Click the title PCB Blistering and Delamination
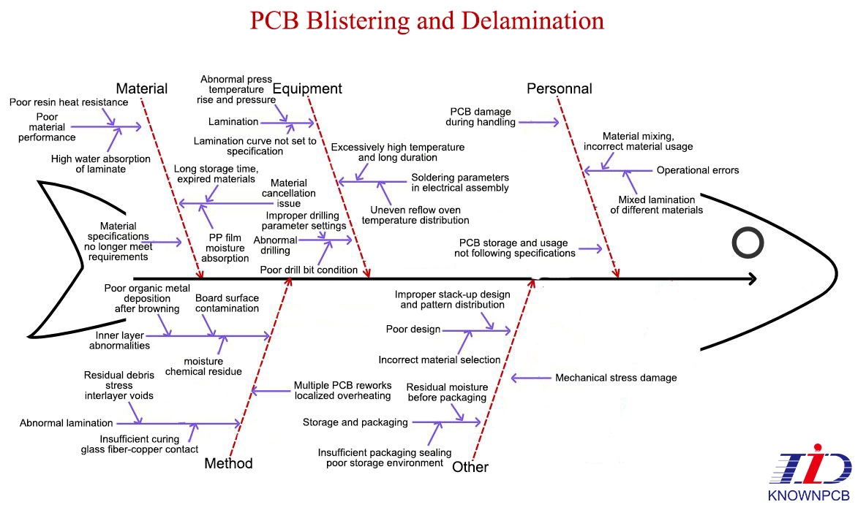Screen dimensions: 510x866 click(x=427, y=20)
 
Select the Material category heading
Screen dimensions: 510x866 click(x=142, y=88)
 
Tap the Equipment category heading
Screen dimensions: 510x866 click(x=307, y=88)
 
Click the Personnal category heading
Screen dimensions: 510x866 click(x=560, y=89)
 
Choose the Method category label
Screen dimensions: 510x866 click(x=228, y=463)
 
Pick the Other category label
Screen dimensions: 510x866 click(x=470, y=467)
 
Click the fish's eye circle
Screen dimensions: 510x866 click(x=748, y=243)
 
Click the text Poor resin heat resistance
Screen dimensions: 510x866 click(x=69, y=102)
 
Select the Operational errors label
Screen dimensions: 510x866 click(x=698, y=170)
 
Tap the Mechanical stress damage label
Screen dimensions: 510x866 click(x=616, y=378)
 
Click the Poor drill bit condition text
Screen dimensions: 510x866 click(x=309, y=270)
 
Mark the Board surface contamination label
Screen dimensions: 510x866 click(x=227, y=303)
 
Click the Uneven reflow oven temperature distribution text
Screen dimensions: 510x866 click(x=415, y=216)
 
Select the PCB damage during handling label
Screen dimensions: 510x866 click(x=481, y=117)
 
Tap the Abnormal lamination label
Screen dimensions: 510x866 click(x=67, y=423)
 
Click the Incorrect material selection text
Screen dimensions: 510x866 click(x=440, y=359)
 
